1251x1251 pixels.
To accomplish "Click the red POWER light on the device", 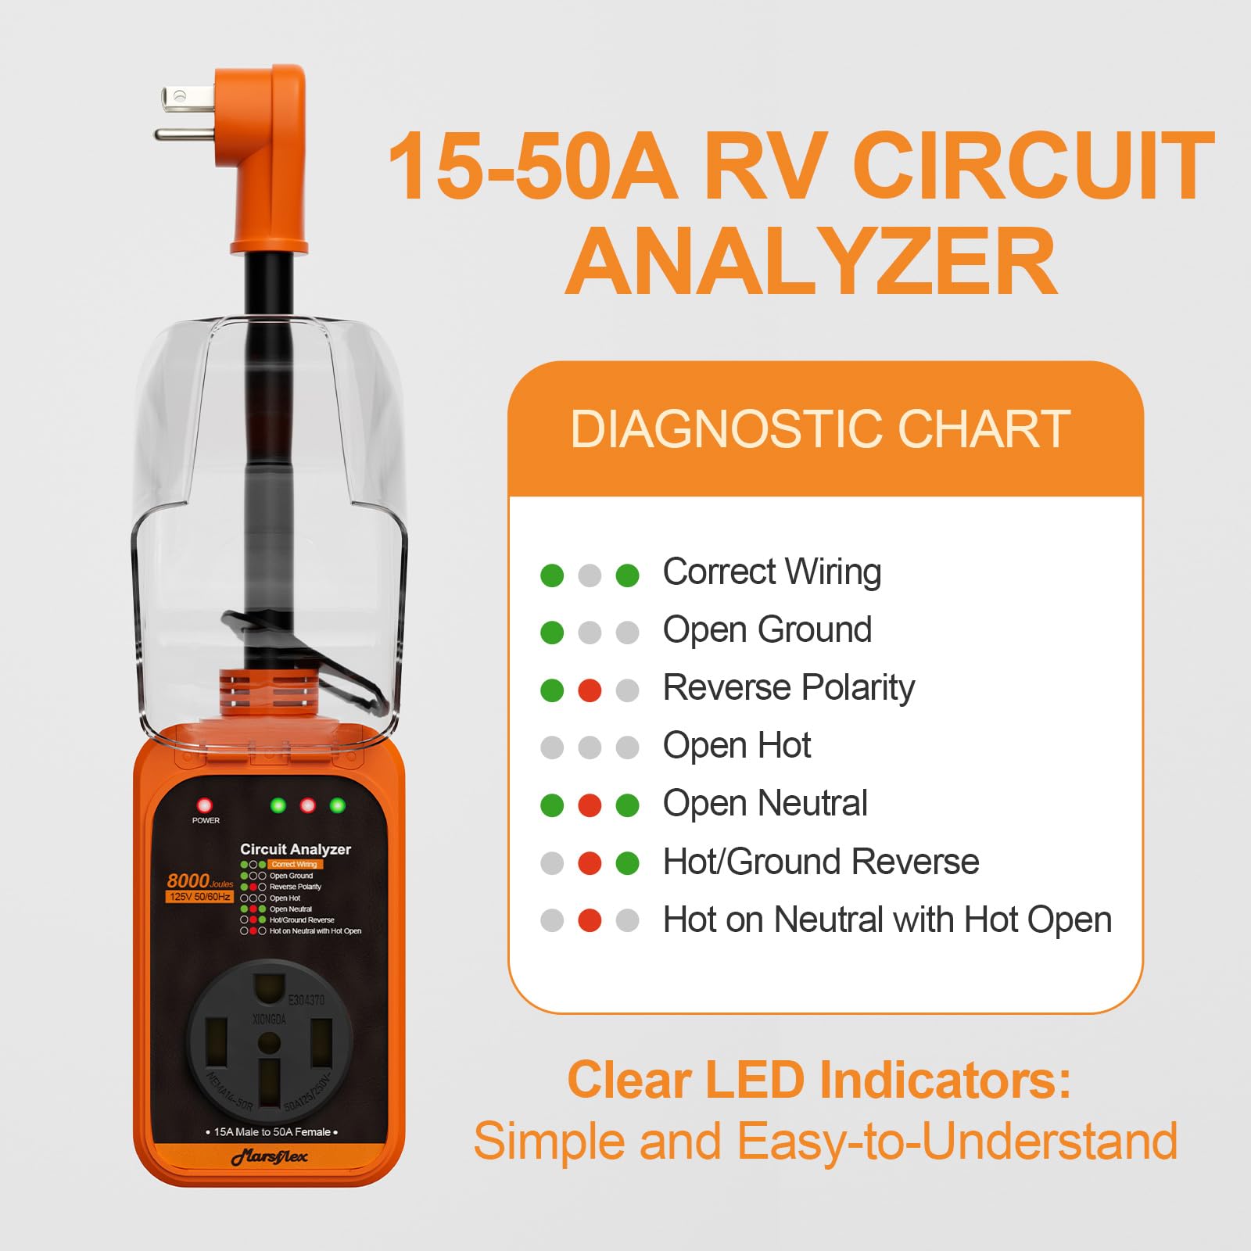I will coord(204,805).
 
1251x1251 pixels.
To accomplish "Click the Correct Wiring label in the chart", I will coord(772,572).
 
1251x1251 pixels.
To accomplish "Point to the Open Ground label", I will coord(767,629).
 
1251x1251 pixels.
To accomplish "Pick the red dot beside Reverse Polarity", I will coord(590,690).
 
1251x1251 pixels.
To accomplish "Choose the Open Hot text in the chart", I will coord(737,745).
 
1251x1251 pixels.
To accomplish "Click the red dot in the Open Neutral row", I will coord(590,805).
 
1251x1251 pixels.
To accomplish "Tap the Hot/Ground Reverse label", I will coord(820,862).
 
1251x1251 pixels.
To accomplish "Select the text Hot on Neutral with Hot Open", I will coord(887,919).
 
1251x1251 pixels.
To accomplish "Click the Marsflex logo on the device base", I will coord(270,1157).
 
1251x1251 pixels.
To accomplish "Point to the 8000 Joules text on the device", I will coord(199,881).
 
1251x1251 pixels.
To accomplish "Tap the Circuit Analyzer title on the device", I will coord(296,849).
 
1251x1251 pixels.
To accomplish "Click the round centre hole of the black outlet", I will coord(269,1041).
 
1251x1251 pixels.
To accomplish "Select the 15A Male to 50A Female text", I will coord(271,1131).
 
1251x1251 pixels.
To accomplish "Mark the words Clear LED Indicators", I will coord(819,1080).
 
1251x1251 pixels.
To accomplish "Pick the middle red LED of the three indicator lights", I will coord(308,805).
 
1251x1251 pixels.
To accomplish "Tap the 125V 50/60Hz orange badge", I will coord(199,897).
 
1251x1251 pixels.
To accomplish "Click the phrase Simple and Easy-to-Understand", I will coord(825,1142).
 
